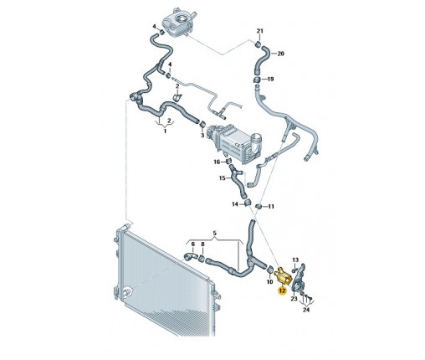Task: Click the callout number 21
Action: click(259, 31)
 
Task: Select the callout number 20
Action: click(280, 54)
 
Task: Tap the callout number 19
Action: click(270, 79)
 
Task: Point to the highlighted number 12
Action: click(282, 291)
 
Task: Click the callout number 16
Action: click(217, 162)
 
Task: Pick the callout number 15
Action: click(223, 178)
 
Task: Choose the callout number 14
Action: click(235, 204)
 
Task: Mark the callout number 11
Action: click(271, 207)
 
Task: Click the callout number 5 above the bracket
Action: click(215, 233)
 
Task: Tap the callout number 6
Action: click(193, 244)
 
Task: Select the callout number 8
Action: click(202, 244)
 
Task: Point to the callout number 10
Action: click(269, 282)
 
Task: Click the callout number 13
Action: click(295, 260)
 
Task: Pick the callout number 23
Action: click(294, 299)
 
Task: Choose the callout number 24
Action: click(306, 310)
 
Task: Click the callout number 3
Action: click(202, 136)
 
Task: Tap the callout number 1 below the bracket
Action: click(165, 131)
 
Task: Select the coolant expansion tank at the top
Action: click(179, 23)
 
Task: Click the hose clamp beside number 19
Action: click(257, 80)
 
